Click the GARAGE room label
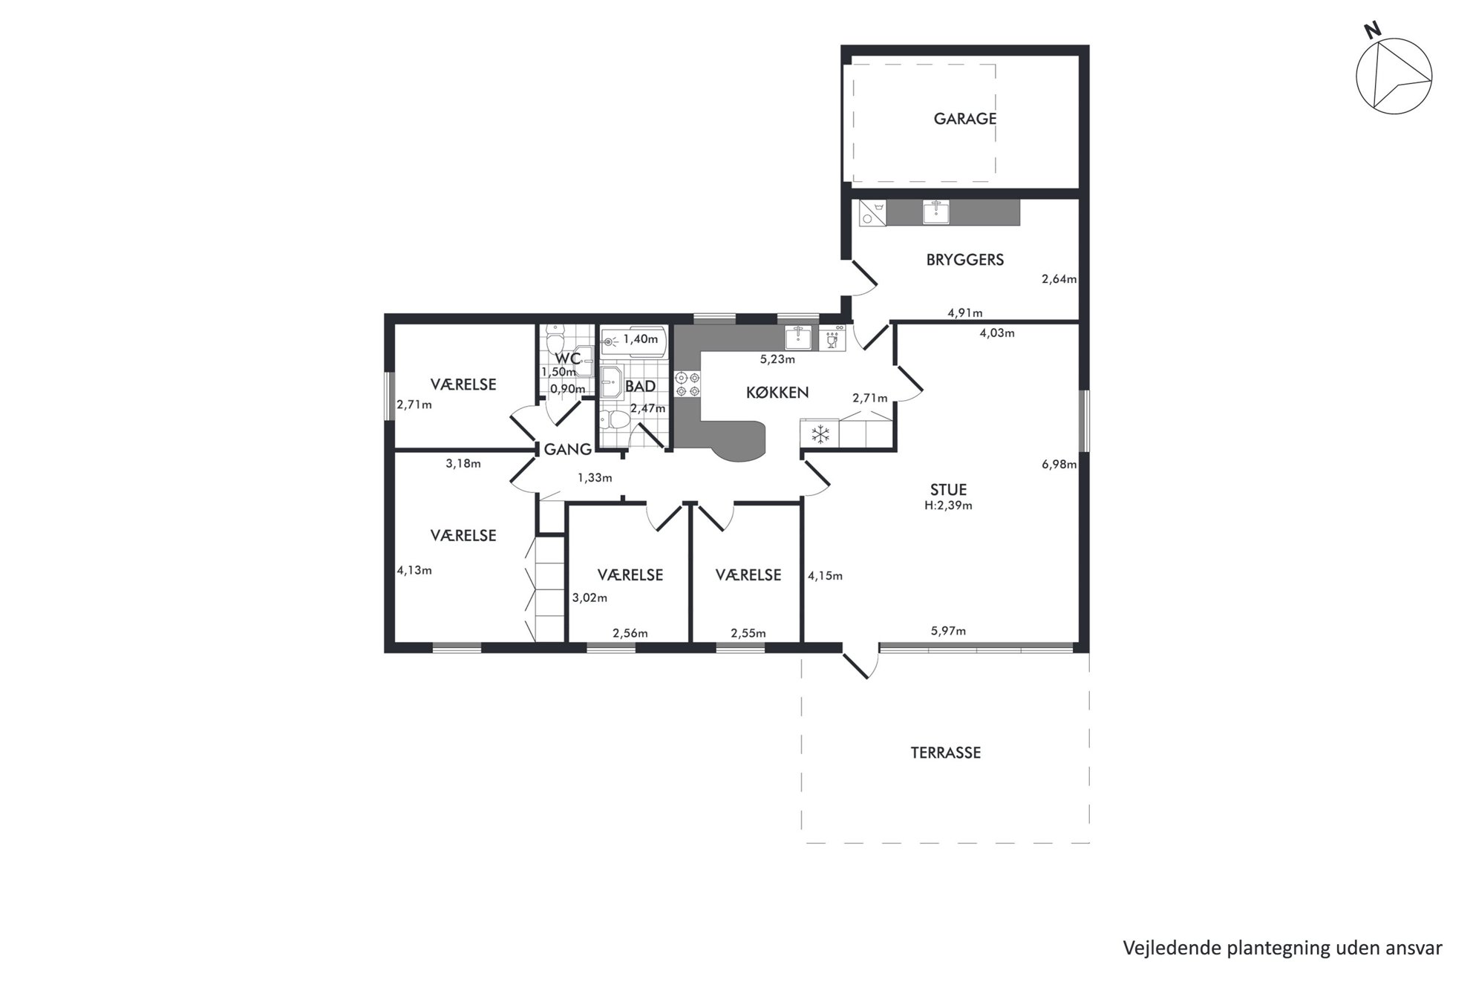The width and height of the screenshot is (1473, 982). click(964, 119)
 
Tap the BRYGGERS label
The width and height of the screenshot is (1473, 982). click(964, 260)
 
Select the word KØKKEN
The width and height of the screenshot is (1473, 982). click(777, 393)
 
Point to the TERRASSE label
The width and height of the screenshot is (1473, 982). click(945, 753)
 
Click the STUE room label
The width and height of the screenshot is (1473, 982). click(948, 490)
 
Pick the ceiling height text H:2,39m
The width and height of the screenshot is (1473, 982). click(948, 506)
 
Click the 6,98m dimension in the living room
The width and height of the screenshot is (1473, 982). click(1059, 465)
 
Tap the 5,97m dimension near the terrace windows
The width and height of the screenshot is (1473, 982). click(948, 632)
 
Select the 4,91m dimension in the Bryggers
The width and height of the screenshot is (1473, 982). click(964, 313)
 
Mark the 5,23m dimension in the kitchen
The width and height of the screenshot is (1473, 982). click(777, 360)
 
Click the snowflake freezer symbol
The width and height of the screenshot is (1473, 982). click(820, 434)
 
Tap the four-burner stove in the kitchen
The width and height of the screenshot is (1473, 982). click(687, 384)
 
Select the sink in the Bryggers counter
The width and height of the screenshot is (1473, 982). click(935, 212)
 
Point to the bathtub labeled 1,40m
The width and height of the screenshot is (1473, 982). click(634, 341)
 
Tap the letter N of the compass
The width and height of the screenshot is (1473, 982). click(1373, 50)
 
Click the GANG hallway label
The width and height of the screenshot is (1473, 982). click(567, 449)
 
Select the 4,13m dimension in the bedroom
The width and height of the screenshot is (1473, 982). click(414, 571)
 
